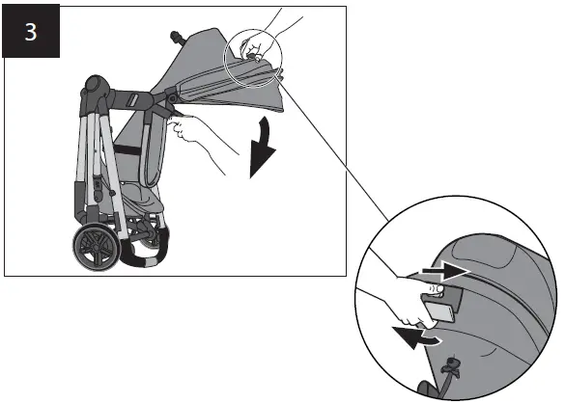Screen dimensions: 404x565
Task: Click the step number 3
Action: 31,31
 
